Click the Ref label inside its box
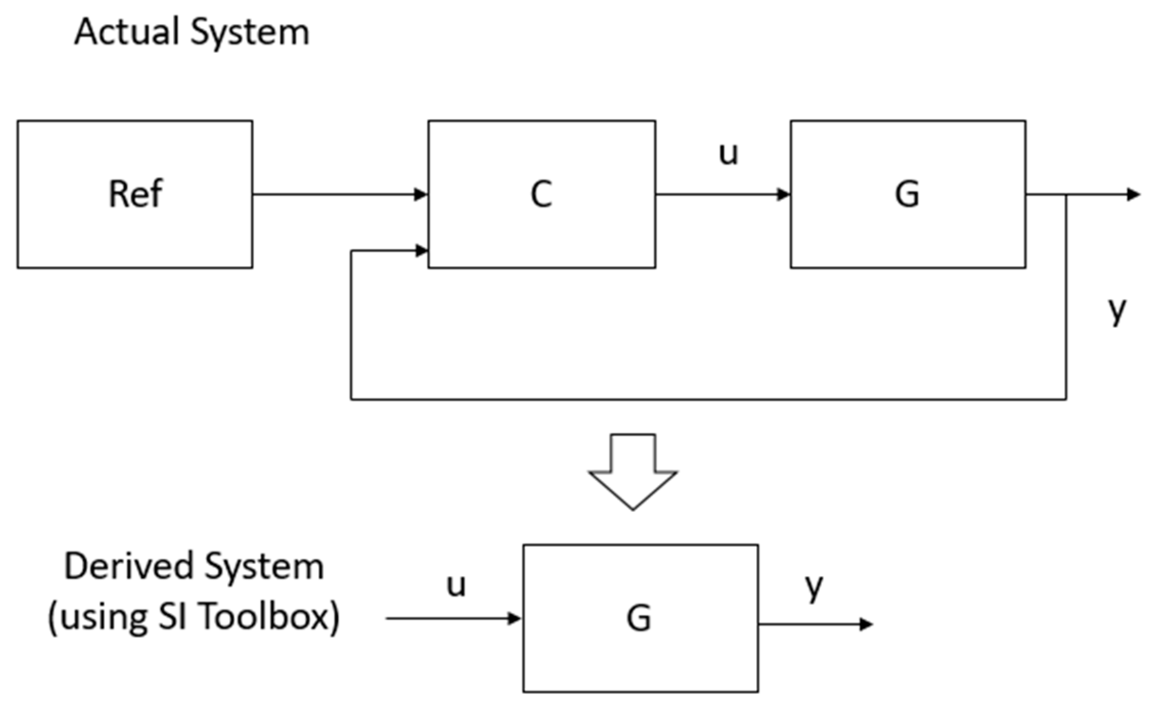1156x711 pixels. tap(136, 194)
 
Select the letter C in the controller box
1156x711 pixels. tap(541, 194)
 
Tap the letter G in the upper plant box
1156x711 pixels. tap(907, 194)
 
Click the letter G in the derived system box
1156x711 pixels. tap(639, 618)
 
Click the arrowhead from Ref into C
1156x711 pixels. tap(421, 194)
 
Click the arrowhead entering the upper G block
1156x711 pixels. tap(783, 194)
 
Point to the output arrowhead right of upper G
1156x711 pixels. tap(1133, 194)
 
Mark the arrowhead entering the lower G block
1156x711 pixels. tap(514, 618)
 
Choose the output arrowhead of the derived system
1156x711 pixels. tap(866, 624)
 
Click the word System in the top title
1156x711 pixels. tap(250, 32)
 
